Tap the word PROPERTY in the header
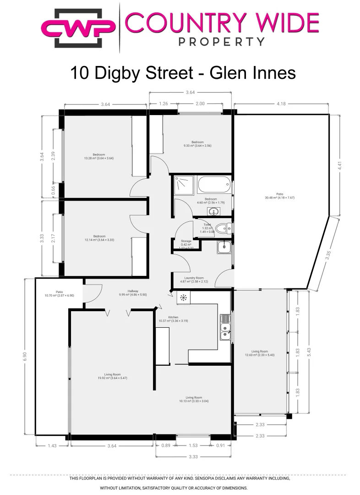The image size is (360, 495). (221, 42)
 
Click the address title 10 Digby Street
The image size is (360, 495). (137, 73)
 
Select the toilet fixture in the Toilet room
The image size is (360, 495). (224, 227)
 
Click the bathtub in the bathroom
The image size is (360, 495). (214, 185)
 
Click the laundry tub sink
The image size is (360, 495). (224, 247)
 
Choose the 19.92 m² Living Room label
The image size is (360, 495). (105, 376)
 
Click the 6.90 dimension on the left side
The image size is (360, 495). (25, 356)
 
